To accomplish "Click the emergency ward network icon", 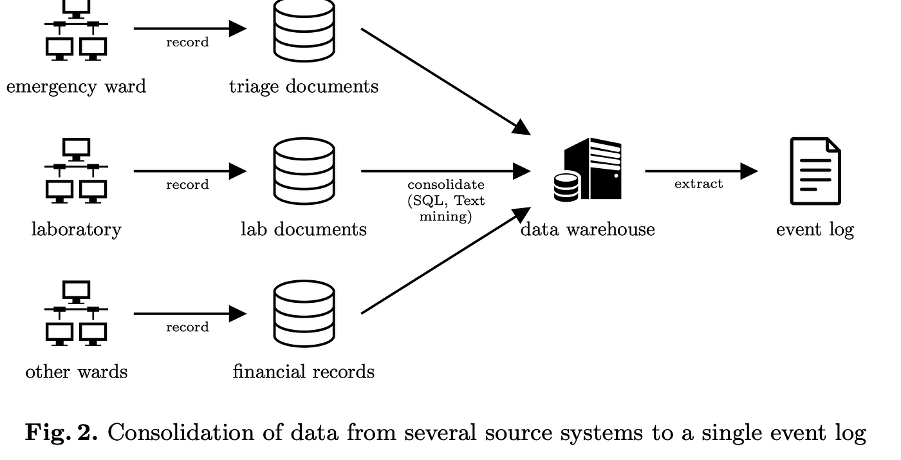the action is (76, 31).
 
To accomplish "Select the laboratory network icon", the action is (76, 170).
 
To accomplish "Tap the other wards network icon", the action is (76, 313).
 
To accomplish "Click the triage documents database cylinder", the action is (304, 31).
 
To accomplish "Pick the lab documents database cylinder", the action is (304, 171).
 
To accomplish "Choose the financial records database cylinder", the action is (304, 313).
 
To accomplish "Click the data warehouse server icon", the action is (588, 169).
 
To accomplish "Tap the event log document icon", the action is (815, 171).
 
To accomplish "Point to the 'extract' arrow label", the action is (699, 184).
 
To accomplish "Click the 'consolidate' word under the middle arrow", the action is (445, 184).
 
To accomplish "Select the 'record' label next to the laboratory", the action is (187, 184).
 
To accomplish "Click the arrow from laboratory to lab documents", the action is (190, 171).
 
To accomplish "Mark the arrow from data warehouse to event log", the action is (702, 171).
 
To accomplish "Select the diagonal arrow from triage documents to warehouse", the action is (446, 82).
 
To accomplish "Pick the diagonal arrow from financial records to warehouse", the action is (446, 260).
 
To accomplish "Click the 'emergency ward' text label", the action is (76, 86).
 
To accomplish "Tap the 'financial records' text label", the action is (304, 371).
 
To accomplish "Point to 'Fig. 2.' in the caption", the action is (61, 433).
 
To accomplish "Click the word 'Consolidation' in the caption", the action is (181, 432).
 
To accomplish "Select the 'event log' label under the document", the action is (815, 229).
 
